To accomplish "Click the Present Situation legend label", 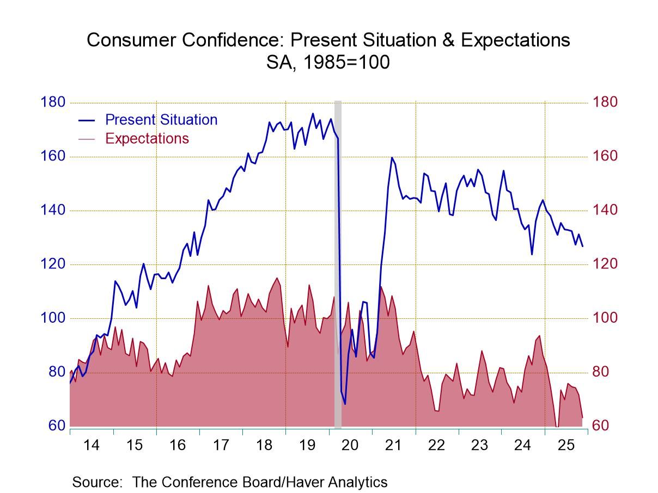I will pyautogui.click(x=161, y=120).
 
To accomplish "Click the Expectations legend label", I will pyautogui.click(x=147, y=138).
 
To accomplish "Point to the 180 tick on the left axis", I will pyautogui.click(x=53, y=102).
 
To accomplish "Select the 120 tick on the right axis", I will pyautogui.click(x=605, y=264).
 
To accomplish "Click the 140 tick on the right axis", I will pyautogui.click(x=605, y=210).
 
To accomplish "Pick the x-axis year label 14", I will pyautogui.click(x=92, y=445).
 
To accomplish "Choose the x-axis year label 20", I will pyautogui.click(x=350, y=445).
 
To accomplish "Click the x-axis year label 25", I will pyautogui.click(x=566, y=445).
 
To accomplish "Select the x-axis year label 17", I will pyautogui.click(x=221, y=445).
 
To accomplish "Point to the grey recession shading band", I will pyautogui.click(x=338, y=261).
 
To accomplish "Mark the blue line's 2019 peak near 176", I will pyautogui.click(x=313, y=113).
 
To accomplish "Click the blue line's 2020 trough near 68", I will pyautogui.click(x=345, y=404).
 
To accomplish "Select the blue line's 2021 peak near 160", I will pyautogui.click(x=392, y=157).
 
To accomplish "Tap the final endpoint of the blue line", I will pyautogui.click(x=582, y=246).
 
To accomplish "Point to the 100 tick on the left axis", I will pyautogui.click(x=53, y=318).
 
